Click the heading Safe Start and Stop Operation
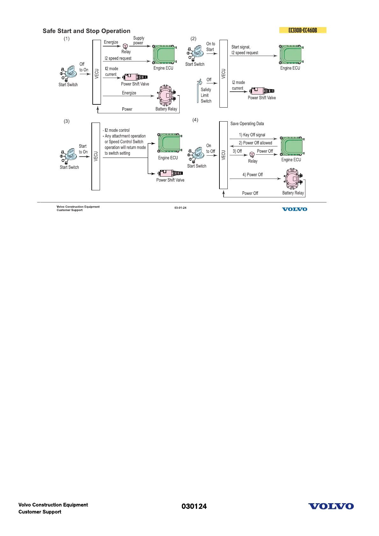(x=86, y=31)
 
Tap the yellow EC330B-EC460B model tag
(x=303, y=30)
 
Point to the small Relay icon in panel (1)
(x=125, y=46)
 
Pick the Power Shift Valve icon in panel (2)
(x=262, y=91)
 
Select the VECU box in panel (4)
(x=224, y=155)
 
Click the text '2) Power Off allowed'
(x=255, y=143)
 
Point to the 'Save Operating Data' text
(x=247, y=123)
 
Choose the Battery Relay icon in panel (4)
(x=293, y=179)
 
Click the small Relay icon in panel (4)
(x=252, y=154)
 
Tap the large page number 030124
(x=194, y=506)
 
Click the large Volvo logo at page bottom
(x=331, y=506)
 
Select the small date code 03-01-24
(x=180, y=208)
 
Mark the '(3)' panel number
(x=67, y=121)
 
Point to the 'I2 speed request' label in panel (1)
(x=118, y=58)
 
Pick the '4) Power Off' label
(x=253, y=175)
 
